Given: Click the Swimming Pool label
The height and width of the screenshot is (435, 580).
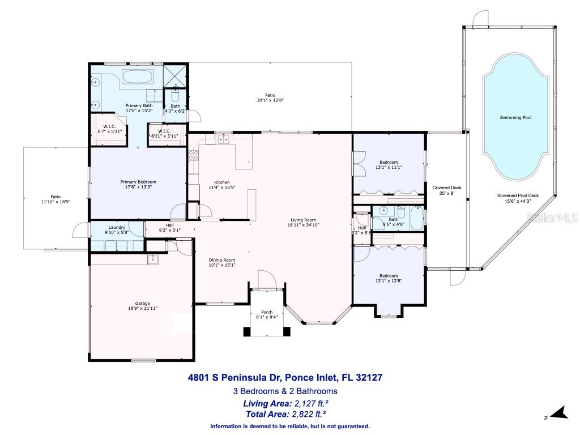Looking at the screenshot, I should [515, 118].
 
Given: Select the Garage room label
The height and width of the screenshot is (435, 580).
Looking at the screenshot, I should [134, 304].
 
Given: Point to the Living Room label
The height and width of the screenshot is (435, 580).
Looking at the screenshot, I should [304, 220].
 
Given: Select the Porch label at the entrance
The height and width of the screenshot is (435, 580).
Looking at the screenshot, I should [266, 312].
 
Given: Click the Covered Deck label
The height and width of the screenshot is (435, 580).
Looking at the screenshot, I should [447, 187].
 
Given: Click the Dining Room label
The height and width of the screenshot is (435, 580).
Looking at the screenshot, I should [222, 259].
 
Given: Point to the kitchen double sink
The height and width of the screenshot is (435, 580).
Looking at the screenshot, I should [225, 139].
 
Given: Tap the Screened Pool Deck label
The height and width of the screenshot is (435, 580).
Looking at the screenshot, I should [518, 196].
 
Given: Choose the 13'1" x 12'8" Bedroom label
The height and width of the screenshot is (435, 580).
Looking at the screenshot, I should [389, 276].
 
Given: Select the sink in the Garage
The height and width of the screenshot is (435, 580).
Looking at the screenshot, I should [152, 259].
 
